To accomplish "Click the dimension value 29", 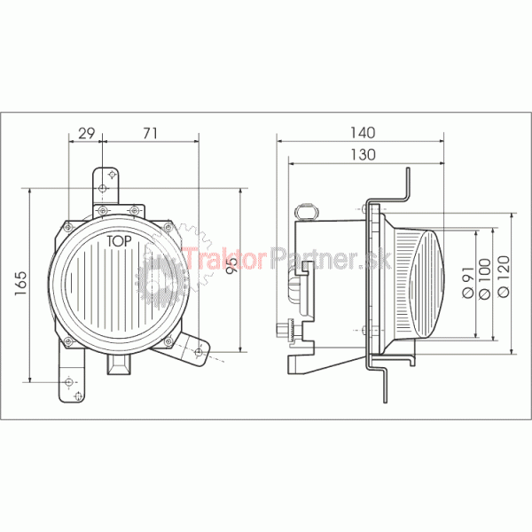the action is (87, 133).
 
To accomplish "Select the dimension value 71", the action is (150, 133).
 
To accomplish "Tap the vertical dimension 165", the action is (20, 284).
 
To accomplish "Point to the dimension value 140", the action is (363, 133).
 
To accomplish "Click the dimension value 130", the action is (363, 154).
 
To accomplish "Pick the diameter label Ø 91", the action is (468, 282).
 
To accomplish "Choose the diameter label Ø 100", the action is (484, 279).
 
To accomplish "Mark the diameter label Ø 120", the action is (504, 277).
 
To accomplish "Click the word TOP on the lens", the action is (119, 241).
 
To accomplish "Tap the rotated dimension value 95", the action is (232, 264).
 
